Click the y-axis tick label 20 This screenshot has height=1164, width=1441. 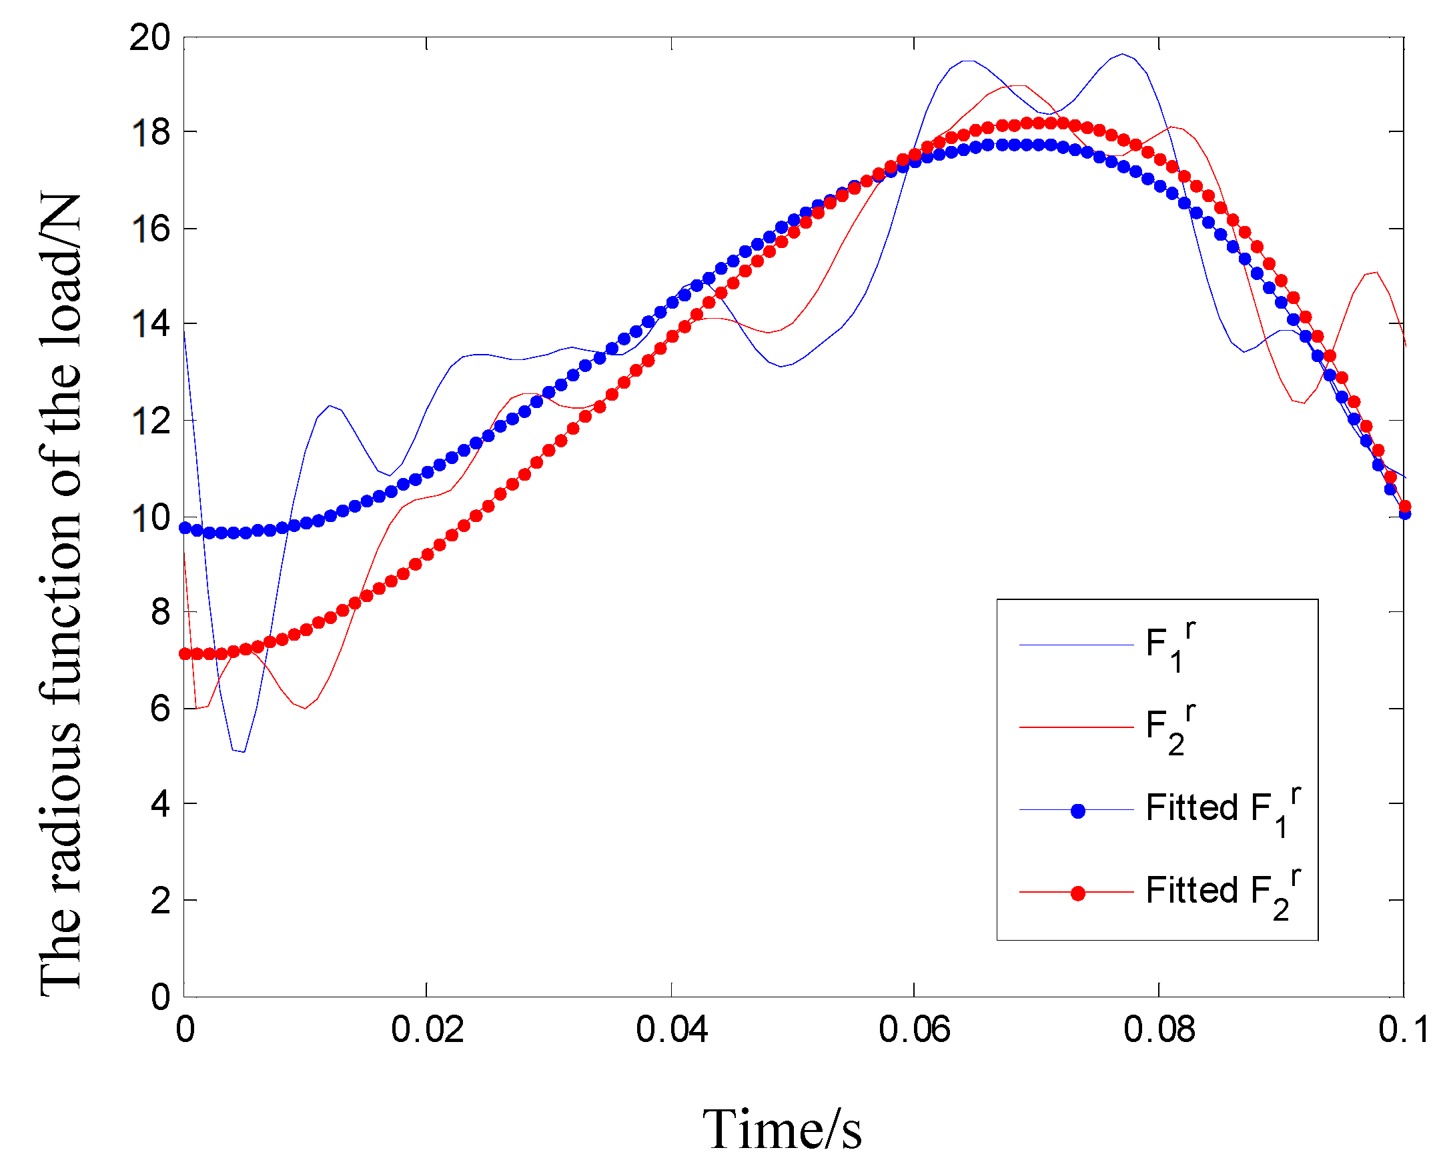coord(149,37)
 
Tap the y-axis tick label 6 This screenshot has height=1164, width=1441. coord(159,709)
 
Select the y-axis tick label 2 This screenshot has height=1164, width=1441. coord(159,901)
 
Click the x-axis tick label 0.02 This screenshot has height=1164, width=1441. coord(427,1030)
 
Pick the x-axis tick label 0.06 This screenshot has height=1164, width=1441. coord(915,1030)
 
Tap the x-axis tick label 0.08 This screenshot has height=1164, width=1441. coord(1159,1030)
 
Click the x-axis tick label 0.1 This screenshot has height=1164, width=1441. coord(1402,1030)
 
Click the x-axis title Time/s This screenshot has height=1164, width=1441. coord(782,1131)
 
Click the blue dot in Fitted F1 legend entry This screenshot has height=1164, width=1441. coord(1077,811)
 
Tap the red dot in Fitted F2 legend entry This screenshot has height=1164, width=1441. coord(1077,894)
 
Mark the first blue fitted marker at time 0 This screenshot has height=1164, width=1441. coord(185,528)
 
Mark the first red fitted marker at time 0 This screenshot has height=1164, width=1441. coord(185,654)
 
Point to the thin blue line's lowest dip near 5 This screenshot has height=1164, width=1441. coord(242,751)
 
